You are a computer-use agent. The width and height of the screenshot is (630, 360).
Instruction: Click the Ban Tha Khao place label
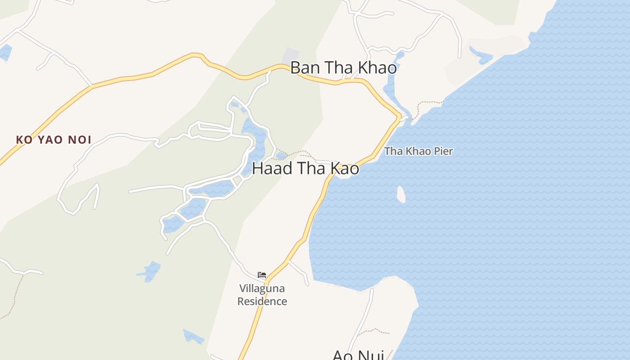click(x=343, y=67)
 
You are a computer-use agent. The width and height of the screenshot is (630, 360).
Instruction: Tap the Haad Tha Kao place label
click(x=306, y=168)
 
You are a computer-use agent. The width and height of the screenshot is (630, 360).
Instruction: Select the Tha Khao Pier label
click(x=418, y=151)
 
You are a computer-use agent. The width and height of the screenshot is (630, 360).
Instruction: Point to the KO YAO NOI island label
click(x=54, y=140)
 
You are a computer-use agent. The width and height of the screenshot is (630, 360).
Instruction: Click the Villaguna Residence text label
click(x=262, y=295)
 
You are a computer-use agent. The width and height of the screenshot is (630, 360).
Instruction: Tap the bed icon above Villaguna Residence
click(x=262, y=274)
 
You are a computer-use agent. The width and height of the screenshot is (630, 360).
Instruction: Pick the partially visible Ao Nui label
click(x=358, y=355)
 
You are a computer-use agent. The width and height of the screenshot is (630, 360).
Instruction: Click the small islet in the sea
click(x=401, y=194)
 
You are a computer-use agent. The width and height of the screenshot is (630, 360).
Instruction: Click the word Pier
click(x=443, y=151)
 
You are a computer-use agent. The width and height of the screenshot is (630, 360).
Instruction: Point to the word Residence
click(x=262, y=301)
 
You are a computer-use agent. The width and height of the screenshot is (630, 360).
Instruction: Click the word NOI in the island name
click(x=80, y=140)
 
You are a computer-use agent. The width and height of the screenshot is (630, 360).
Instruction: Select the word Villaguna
click(x=262, y=288)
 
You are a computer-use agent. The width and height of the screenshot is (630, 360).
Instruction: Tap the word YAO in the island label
click(x=51, y=140)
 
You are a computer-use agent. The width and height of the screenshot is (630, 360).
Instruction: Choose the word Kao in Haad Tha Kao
click(x=345, y=168)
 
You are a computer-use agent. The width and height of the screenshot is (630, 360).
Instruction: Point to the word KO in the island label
click(x=24, y=140)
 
